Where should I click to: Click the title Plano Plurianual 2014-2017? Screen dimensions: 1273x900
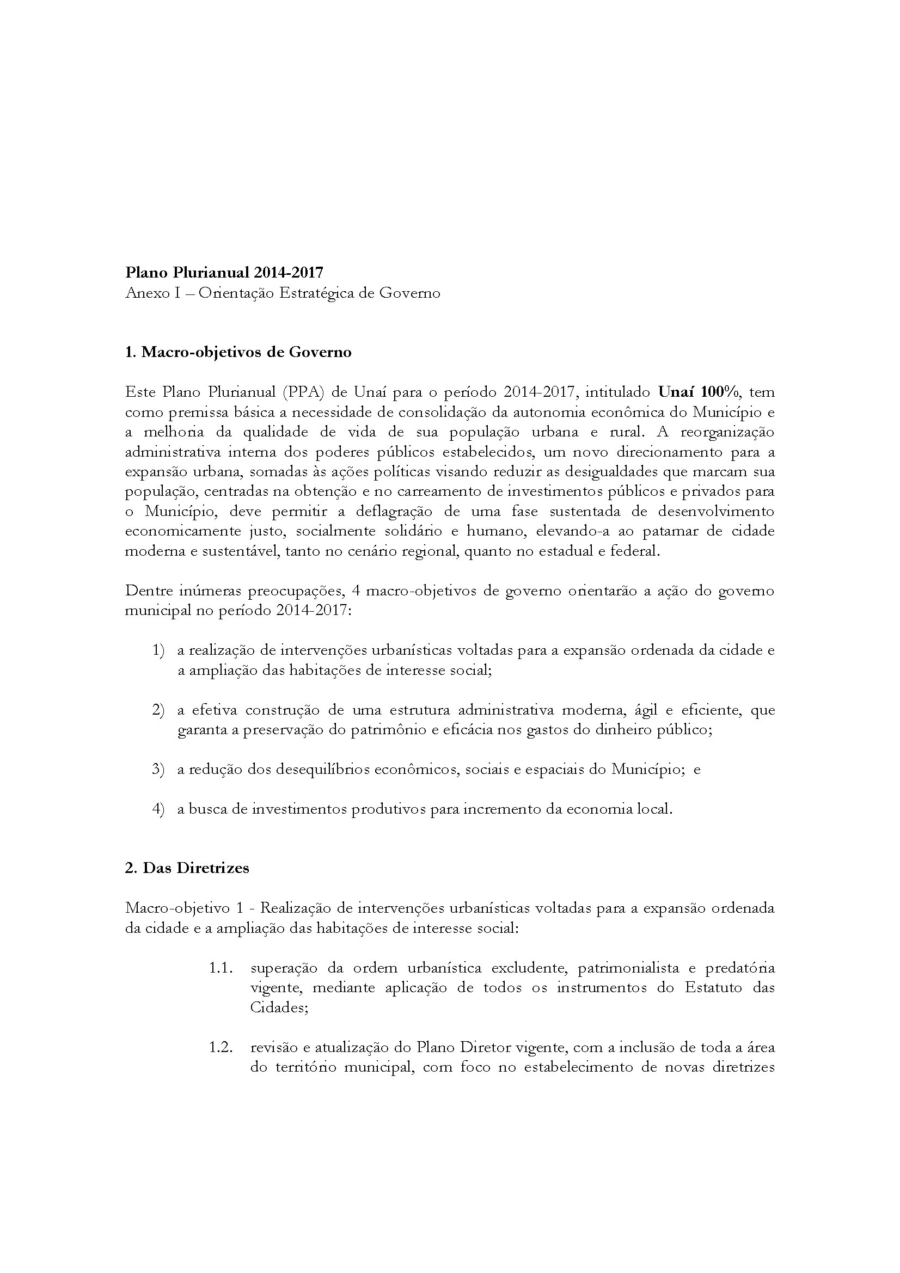click(224, 272)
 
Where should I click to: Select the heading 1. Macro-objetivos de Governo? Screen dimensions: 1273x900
click(238, 352)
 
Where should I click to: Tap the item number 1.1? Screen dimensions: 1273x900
click(221, 968)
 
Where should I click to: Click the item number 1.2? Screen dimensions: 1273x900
click(221, 1047)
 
